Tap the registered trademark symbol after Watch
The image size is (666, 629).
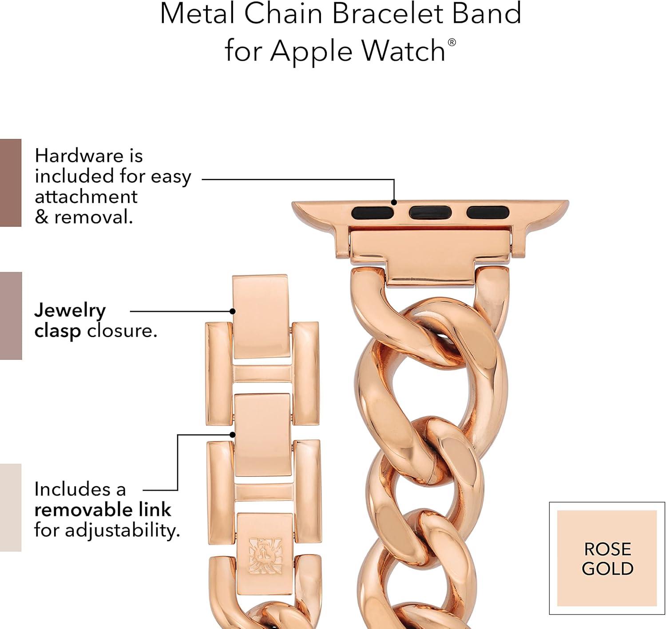click(452, 42)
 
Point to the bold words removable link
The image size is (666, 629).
click(103, 510)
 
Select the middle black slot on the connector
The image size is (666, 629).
click(430, 212)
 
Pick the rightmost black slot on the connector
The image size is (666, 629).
click(488, 212)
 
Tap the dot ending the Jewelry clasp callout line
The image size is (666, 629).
click(232, 311)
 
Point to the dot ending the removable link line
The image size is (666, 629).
click(232, 435)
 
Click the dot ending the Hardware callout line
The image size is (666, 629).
click(394, 202)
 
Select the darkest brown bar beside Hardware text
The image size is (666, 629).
click(11, 183)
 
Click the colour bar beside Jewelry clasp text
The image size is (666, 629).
click(11, 316)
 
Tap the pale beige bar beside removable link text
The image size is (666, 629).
click(11, 508)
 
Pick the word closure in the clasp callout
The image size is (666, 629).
click(122, 331)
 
